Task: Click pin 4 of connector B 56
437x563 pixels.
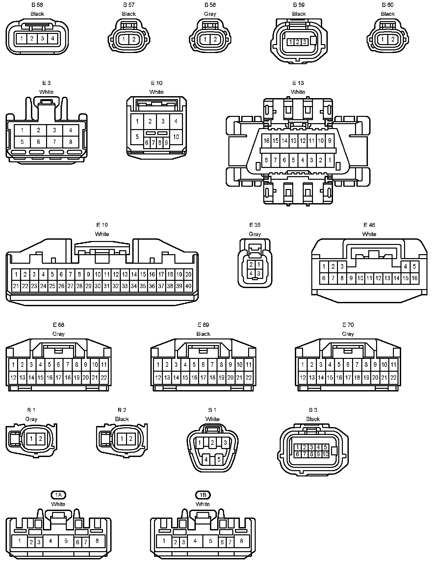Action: click(53, 39)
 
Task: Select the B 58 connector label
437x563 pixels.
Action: click(210, 5)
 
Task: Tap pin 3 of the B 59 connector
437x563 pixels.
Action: click(305, 42)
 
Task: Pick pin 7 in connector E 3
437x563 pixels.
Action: click(55, 142)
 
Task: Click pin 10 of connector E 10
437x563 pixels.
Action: click(176, 137)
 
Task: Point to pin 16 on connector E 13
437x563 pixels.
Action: click(267, 141)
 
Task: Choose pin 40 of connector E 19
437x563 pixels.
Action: click(188, 286)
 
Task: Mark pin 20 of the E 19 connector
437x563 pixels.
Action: click(188, 274)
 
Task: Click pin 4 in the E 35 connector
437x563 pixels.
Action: click(251, 273)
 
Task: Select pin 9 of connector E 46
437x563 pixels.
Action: click(351, 278)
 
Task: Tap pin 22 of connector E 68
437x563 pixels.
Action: click(104, 378)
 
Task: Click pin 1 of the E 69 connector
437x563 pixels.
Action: click(158, 364)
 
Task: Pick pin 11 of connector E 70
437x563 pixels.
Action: click(393, 364)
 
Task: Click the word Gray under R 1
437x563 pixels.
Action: click(31, 419)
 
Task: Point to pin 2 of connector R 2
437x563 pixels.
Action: click(131, 439)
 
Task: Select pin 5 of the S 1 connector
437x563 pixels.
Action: click(219, 459)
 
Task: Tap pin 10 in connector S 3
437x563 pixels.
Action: click(325, 454)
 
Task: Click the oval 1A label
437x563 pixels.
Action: click(58, 495)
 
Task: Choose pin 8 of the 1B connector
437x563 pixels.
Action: click(242, 541)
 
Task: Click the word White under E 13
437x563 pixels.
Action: click(298, 92)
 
